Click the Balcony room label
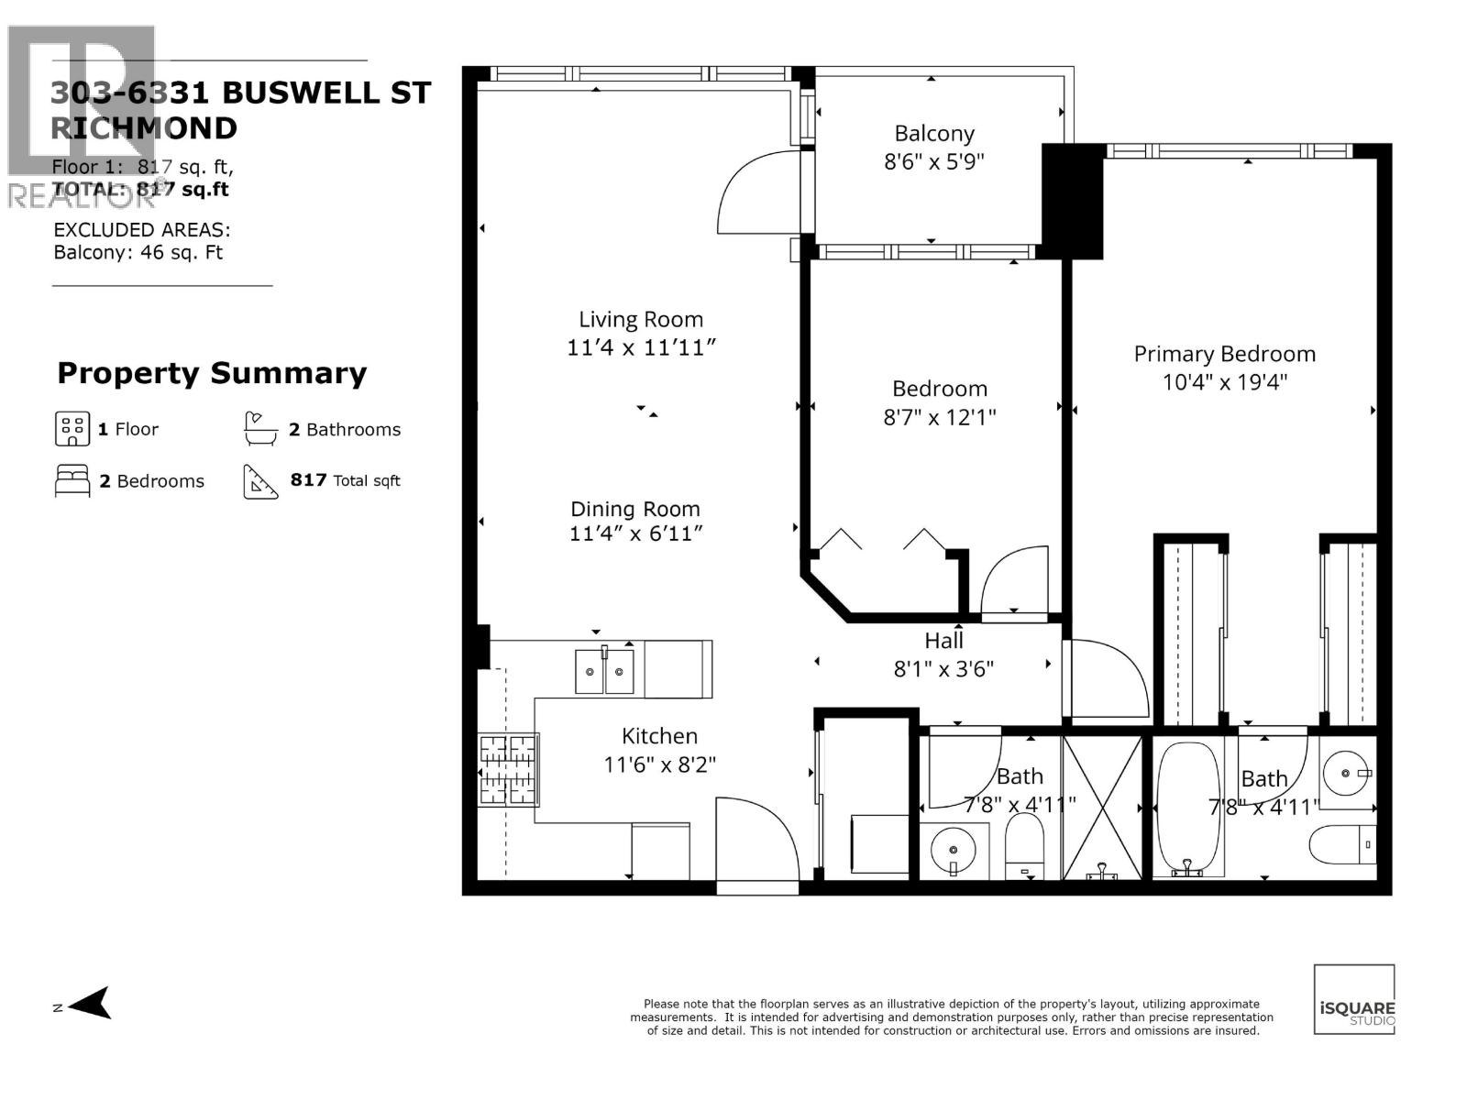[933, 134]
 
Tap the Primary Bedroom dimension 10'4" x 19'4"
[1224, 382]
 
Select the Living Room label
[640, 320]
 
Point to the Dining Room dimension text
[635, 533]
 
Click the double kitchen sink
[604, 671]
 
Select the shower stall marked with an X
[1103, 807]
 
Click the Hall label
[943, 641]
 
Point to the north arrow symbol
[90, 1004]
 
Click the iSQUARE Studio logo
[1354, 1000]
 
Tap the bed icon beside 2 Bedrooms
[72, 480]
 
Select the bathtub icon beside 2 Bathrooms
[260, 428]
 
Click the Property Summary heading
[212, 373]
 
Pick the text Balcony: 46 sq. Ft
[138, 253]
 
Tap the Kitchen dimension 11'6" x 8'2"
[659, 764]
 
